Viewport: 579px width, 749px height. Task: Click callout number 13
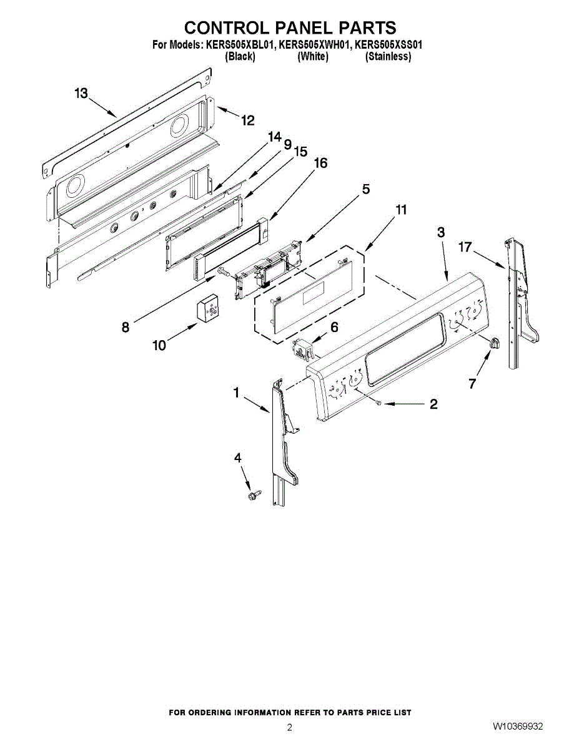tap(81, 94)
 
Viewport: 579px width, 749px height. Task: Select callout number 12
tap(248, 120)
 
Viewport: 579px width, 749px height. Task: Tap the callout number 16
tap(320, 163)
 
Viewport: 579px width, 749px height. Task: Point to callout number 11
tap(402, 210)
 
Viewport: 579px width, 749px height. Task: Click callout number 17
tap(464, 247)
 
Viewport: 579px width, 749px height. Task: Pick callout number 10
tap(160, 345)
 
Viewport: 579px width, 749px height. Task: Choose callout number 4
tap(237, 458)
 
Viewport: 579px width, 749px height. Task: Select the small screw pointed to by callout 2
tap(379, 404)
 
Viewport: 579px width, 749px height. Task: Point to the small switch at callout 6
tap(302, 350)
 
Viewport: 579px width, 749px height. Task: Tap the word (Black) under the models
tap(240, 56)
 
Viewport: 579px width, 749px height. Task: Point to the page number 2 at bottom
tap(289, 727)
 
